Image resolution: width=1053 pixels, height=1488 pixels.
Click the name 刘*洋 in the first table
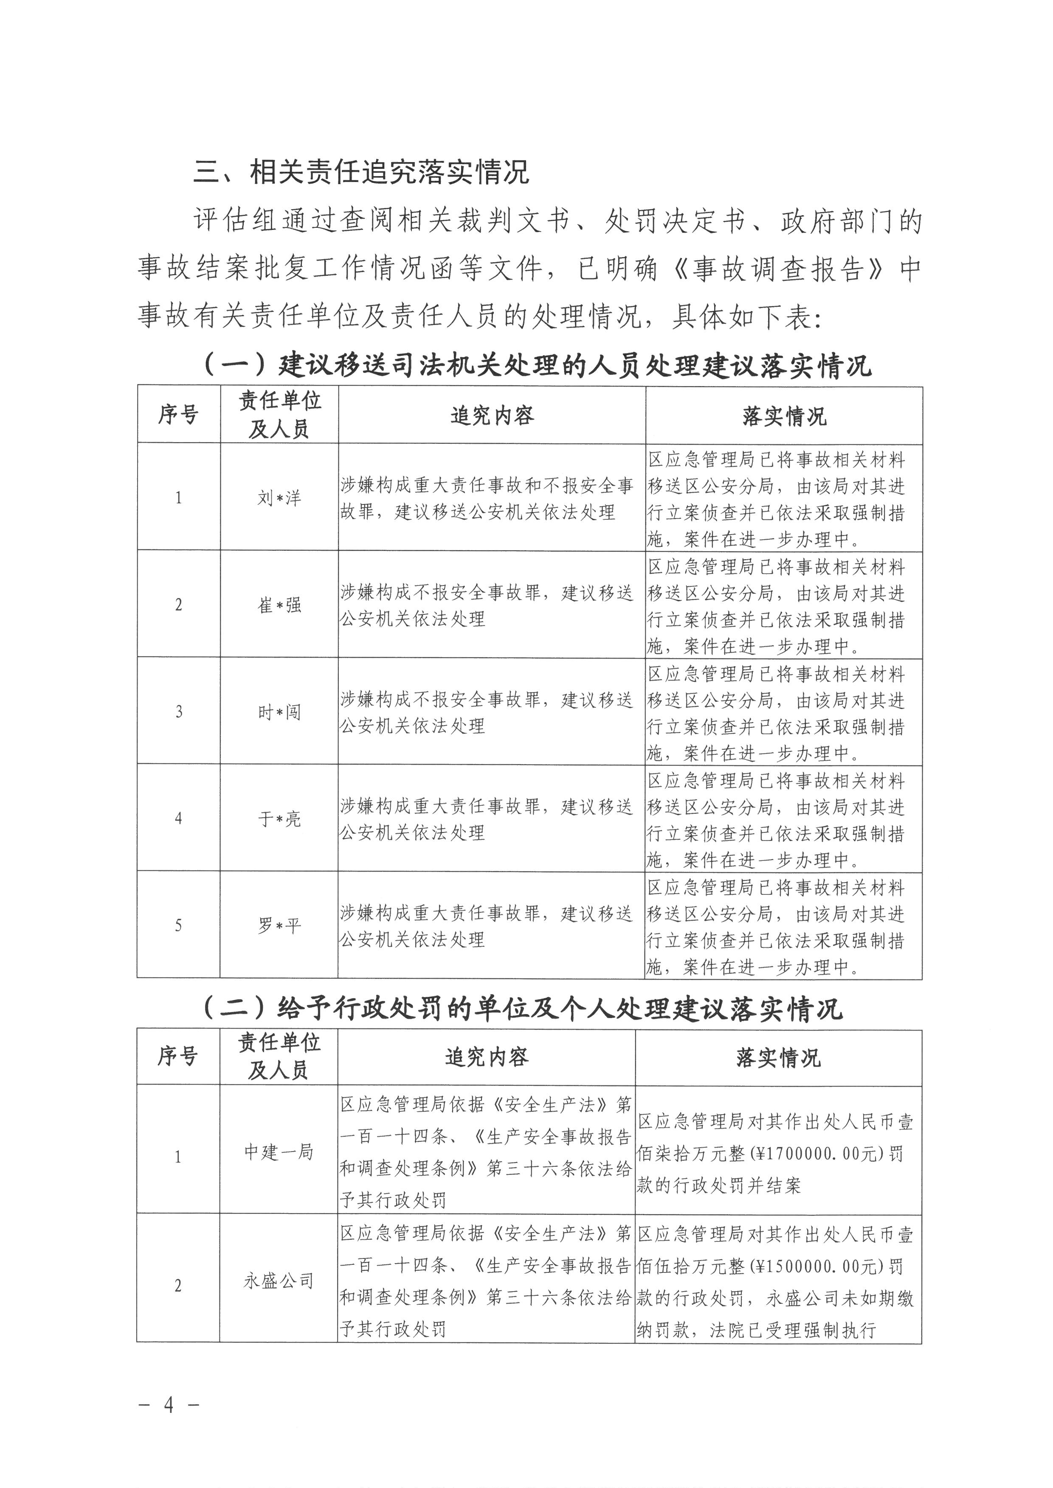pyautogui.click(x=279, y=498)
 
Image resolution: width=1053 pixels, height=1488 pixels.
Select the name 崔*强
pyautogui.click(x=279, y=605)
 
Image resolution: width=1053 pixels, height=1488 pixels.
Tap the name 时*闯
pyautogui.click(x=279, y=712)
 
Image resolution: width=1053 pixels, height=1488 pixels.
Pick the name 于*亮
pyautogui.click(x=279, y=818)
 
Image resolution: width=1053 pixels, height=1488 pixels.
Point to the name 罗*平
pyautogui.click(x=279, y=925)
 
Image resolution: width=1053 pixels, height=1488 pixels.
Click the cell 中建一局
pyautogui.click(x=279, y=1151)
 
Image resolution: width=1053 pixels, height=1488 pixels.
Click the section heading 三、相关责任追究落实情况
pyautogui.click(x=362, y=172)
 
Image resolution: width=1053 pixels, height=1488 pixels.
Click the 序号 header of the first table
pyautogui.click(x=178, y=415)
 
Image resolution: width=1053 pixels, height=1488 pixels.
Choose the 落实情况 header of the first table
pyautogui.click(x=785, y=415)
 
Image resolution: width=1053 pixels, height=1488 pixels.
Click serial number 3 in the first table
pyautogui.click(x=179, y=712)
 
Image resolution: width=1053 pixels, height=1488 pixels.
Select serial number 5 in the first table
pyautogui.click(x=179, y=925)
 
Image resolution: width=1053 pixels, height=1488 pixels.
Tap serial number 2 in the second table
pyautogui.click(x=178, y=1286)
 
